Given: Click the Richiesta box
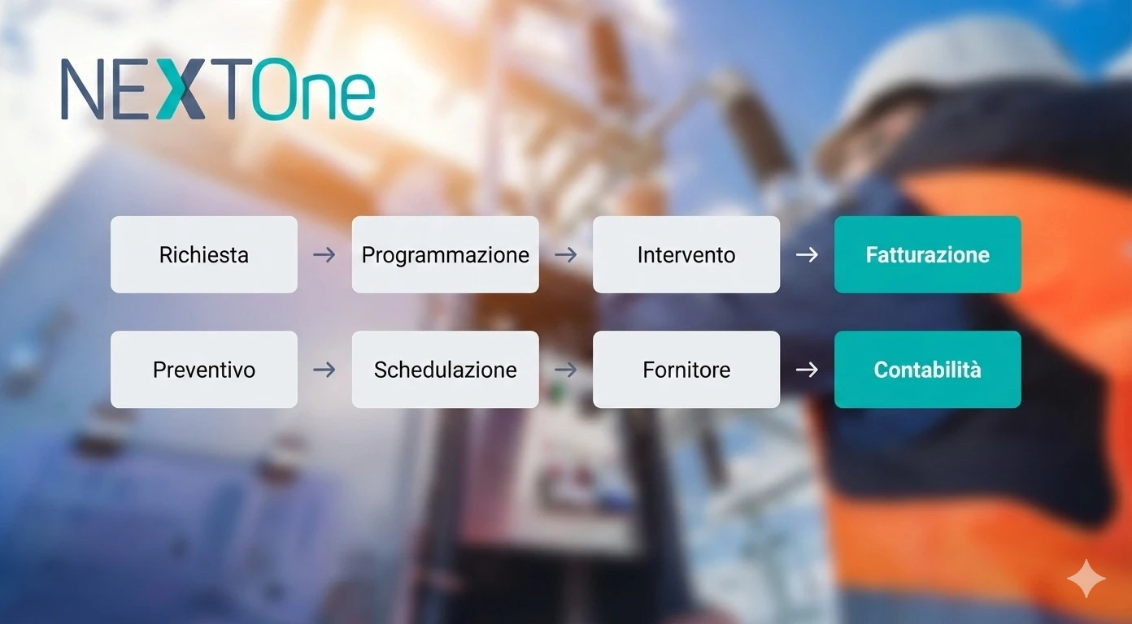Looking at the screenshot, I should pos(204,254).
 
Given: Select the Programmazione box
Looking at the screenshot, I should pos(445,254).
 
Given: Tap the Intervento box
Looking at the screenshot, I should pos(686,254).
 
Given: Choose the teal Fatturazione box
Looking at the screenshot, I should pos(927,254).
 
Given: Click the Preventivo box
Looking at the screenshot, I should pos(204,370).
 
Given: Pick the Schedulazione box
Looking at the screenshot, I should pos(445,370).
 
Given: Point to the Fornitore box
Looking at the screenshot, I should pos(686,370).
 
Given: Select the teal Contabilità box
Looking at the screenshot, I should pos(927,370).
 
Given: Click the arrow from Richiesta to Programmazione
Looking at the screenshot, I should pos(324,255).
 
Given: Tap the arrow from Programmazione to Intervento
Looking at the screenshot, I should pos(565,255).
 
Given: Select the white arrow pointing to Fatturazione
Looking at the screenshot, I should pos(807,255).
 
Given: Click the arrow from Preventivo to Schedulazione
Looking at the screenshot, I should pos(324,370).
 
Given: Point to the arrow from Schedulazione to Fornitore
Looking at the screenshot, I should pos(565,370).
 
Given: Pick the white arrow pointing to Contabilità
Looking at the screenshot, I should pos(807,370).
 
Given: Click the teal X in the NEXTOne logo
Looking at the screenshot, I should pos(181,89).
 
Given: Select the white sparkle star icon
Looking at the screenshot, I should pos(1086,578).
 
